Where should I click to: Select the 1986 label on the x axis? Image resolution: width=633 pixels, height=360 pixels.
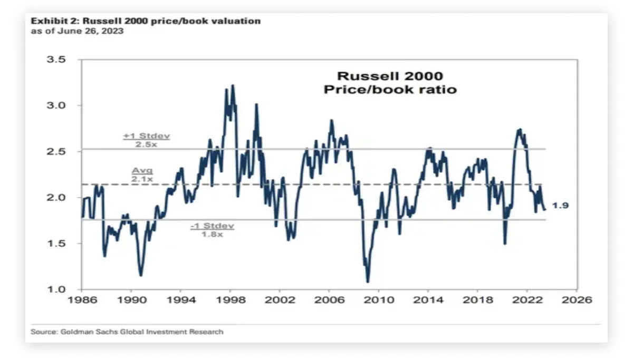tap(82, 300)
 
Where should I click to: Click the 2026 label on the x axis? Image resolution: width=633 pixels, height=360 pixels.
tap(577, 300)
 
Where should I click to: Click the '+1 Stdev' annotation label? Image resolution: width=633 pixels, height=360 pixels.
tap(146, 136)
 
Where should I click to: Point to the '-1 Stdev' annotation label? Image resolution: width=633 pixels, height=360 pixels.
tap(212, 226)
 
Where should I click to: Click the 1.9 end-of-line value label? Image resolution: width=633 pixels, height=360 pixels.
tap(560, 206)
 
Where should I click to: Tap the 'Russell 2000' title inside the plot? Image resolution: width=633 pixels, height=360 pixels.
tap(390, 76)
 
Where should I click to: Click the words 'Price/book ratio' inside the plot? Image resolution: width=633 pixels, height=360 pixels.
tap(390, 90)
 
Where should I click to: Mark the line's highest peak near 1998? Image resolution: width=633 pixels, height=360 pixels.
tap(233, 85)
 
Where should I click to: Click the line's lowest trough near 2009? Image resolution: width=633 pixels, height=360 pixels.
tap(368, 281)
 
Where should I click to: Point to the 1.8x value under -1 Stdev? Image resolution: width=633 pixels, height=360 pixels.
tap(212, 234)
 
